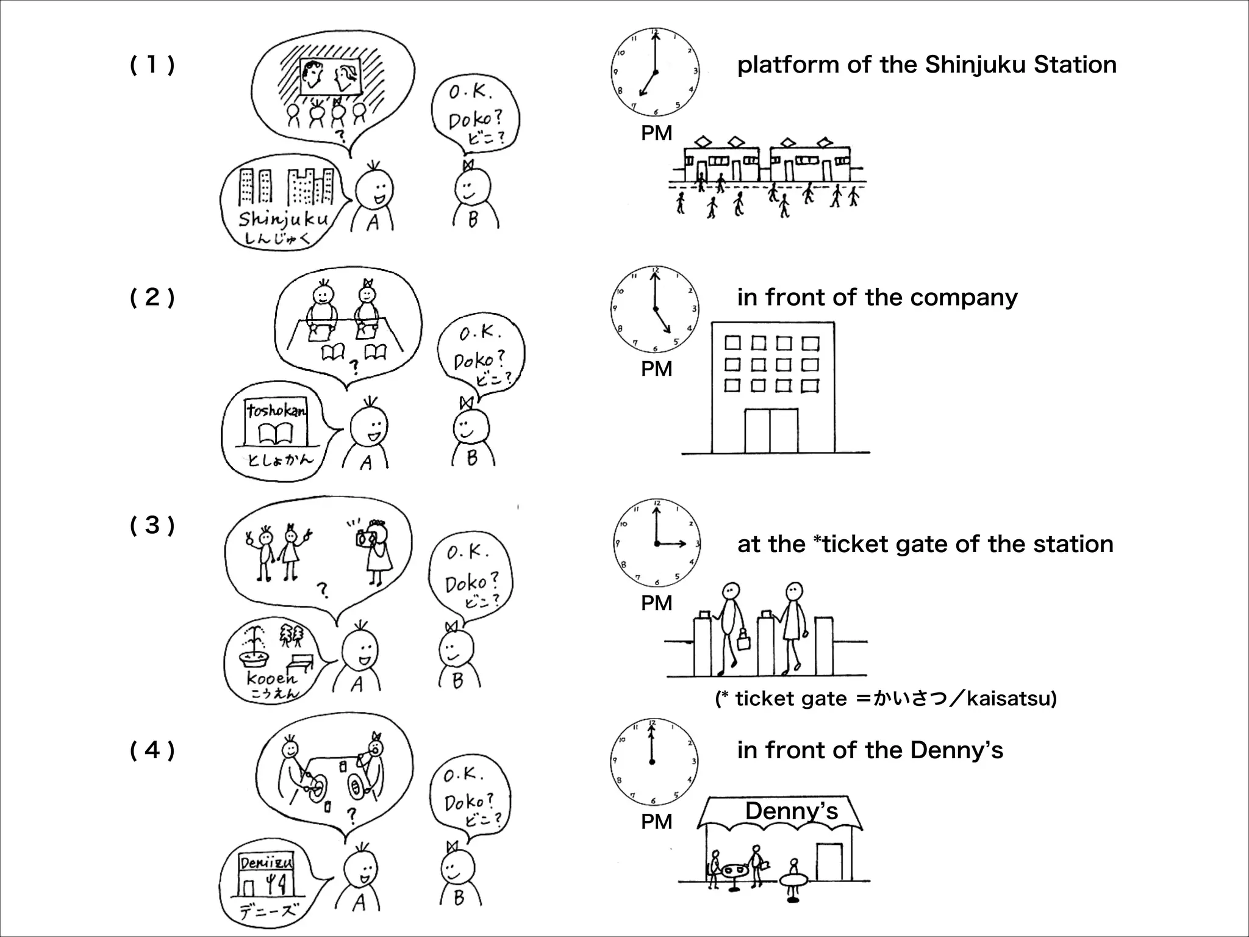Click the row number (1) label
pos(152,65)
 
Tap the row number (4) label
pos(152,750)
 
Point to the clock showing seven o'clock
pos(655,71)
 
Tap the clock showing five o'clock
pos(655,309)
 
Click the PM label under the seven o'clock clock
pos(656,133)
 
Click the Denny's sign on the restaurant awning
pos(792,811)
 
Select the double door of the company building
pos(771,431)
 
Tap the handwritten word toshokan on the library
pos(276,411)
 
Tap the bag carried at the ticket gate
pos(743,641)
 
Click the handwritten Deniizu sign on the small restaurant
pos(267,863)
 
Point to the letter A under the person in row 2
pos(366,463)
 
